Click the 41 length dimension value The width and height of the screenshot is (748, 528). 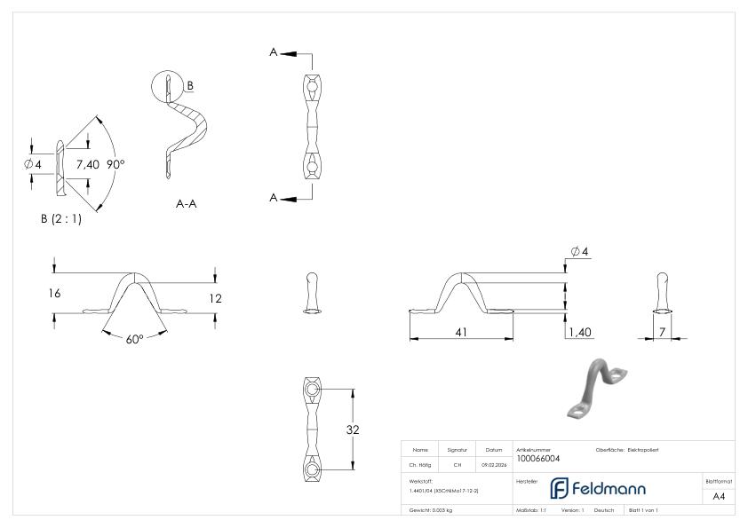[x=461, y=331]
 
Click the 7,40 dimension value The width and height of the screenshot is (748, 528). [x=88, y=164]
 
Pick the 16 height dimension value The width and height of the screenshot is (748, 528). [x=55, y=293]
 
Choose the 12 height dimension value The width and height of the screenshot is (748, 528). [x=215, y=299]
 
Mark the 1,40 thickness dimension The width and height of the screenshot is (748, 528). [x=578, y=331]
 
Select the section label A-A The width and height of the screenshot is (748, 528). [x=187, y=203]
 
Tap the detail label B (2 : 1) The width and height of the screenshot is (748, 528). [x=60, y=219]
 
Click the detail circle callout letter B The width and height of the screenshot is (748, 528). [x=190, y=85]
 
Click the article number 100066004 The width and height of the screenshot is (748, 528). [x=537, y=458]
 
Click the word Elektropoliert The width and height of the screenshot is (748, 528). [x=642, y=450]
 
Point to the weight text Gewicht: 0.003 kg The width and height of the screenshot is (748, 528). [x=431, y=509]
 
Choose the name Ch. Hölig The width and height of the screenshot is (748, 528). [x=420, y=464]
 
